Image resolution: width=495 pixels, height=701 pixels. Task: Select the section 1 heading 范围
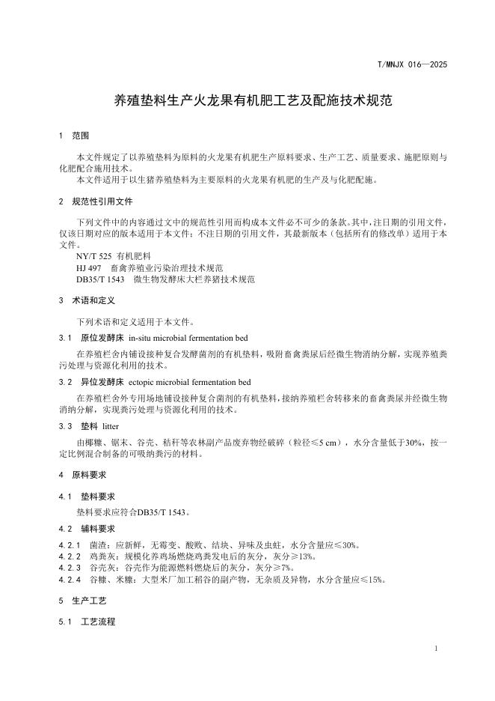click(x=80, y=136)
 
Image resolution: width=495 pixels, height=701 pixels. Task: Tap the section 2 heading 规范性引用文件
click(x=102, y=201)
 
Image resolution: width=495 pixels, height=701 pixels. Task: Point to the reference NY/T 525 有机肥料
click(x=113, y=256)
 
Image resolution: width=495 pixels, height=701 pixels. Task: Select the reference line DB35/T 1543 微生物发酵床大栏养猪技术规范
click(x=165, y=279)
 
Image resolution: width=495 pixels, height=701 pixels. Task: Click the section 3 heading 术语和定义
click(x=93, y=300)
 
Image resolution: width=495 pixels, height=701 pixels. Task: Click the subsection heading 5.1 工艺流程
click(x=93, y=622)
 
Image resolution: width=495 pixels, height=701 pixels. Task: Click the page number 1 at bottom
click(x=435, y=649)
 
